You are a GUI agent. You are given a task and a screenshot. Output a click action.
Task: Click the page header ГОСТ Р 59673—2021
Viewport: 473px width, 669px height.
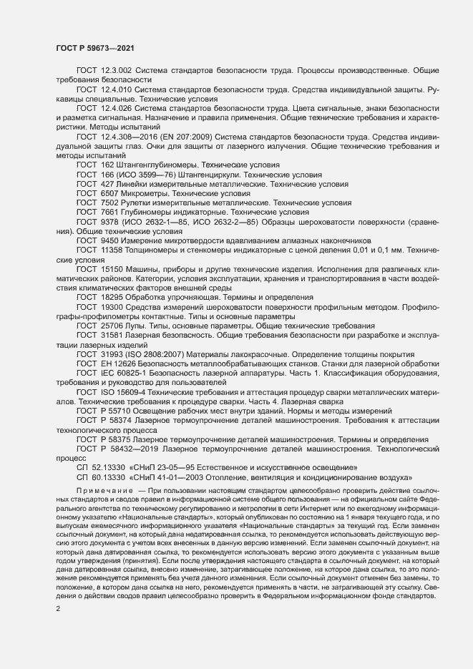coord(93,48)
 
